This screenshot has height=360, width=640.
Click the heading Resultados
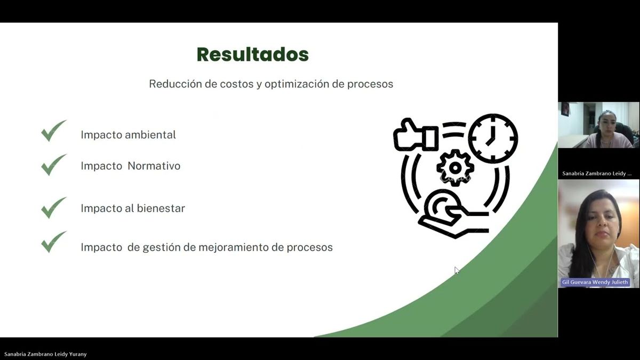253,54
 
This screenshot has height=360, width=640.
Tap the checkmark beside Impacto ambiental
54,131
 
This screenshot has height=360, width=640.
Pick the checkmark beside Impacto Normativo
54,165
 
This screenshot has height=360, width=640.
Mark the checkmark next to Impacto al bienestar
54,207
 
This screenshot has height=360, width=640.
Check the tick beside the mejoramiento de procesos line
54,242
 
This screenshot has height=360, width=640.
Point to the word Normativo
154,166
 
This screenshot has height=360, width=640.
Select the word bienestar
161,209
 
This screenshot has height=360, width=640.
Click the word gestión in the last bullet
162,247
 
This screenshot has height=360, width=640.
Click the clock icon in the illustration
493,139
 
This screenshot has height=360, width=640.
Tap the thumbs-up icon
415,135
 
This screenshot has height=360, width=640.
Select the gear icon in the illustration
455,168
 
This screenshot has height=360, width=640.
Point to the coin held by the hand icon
442,205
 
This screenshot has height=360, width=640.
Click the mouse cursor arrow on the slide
457,270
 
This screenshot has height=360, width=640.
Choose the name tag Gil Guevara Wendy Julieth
595,282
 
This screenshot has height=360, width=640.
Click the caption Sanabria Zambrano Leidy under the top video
597,173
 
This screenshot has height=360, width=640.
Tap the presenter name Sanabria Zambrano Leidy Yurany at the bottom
45,354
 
